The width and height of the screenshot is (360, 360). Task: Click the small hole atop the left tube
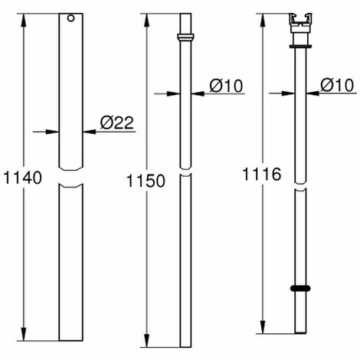pyautogui.click(x=70, y=18)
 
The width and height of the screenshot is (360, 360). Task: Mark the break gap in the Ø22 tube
pyautogui.click(x=70, y=177)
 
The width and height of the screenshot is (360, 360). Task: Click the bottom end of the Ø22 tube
pyautogui.click(x=70, y=339)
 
